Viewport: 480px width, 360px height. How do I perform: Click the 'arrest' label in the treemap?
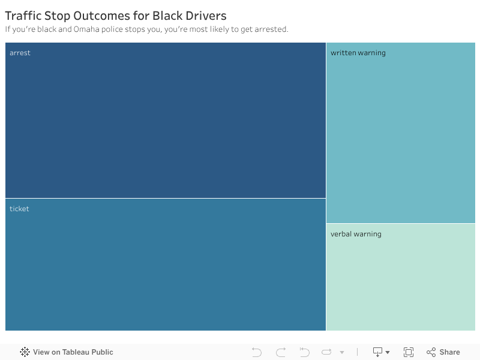(x=20, y=53)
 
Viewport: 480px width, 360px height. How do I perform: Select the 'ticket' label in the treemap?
(x=19, y=209)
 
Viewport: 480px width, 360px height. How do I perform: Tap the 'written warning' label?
(x=358, y=53)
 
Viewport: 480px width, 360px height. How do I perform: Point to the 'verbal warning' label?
(x=356, y=234)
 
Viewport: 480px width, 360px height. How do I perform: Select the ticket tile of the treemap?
(x=166, y=270)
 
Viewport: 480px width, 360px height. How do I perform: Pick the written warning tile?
(x=401, y=138)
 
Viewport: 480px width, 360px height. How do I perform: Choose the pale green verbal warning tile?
(x=401, y=282)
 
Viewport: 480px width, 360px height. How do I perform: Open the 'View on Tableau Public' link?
(x=73, y=352)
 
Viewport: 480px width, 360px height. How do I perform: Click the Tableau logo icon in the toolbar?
(x=25, y=352)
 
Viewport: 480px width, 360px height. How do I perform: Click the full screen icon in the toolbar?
(x=409, y=352)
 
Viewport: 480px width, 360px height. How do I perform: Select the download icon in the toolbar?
(x=378, y=352)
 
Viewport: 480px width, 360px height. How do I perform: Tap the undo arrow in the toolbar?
(x=257, y=352)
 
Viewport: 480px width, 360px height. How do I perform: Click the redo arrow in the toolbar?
(x=281, y=352)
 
